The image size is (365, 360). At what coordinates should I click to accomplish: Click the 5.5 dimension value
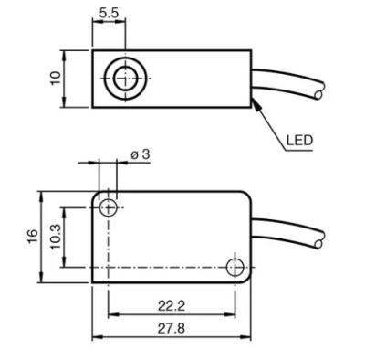pyautogui.click(x=109, y=13)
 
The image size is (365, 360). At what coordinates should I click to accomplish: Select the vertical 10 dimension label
pyautogui.click(x=56, y=79)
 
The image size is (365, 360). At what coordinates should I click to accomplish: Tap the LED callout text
pyautogui.click(x=299, y=141)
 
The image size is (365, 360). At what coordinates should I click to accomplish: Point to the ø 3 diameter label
pyautogui.click(x=141, y=154)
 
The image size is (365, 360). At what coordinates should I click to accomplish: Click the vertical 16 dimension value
pyautogui.click(x=33, y=236)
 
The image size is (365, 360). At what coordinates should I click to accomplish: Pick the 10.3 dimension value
pyautogui.click(x=56, y=237)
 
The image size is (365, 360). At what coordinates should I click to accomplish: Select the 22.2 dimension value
pyautogui.click(x=172, y=305)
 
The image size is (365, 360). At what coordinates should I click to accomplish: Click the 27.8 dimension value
pyautogui.click(x=172, y=328)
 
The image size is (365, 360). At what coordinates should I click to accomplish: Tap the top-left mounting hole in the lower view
pyautogui.click(x=109, y=207)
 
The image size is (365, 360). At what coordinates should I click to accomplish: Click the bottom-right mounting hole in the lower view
pyautogui.click(x=235, y=268)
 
